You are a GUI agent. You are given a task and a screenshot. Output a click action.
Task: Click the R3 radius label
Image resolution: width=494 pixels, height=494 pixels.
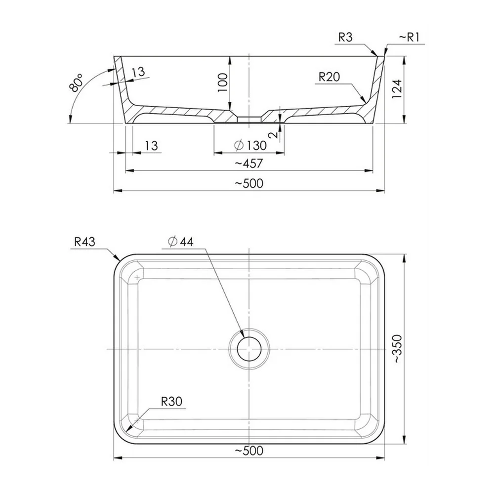345,38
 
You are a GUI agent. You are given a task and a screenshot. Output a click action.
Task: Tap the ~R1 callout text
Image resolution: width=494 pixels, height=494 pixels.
409,38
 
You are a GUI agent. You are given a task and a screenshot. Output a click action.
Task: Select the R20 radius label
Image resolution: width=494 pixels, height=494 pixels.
329,77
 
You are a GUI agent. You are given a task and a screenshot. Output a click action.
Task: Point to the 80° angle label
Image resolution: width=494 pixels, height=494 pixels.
76,82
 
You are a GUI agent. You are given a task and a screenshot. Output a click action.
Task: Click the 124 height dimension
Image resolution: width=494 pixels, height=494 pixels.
397,89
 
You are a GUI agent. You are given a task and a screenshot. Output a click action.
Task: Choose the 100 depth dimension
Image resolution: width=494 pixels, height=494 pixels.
223,82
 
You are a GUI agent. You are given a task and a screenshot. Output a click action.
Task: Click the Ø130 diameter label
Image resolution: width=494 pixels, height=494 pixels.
250,145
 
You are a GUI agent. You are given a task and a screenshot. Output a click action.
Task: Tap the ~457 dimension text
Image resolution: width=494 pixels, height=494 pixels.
248,163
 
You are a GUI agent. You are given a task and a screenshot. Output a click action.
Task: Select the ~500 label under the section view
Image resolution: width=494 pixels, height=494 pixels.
248,183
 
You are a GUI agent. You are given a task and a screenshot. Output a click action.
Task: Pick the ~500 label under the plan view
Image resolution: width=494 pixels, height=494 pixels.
248,451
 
